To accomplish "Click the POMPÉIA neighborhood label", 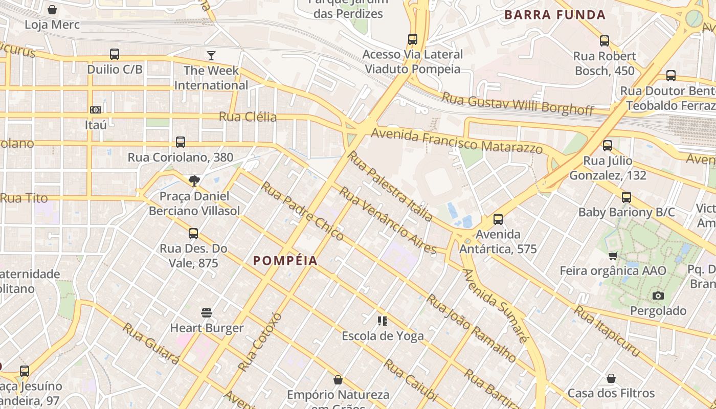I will (x=285, y=261).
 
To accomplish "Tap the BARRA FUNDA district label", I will (x=555, y=15).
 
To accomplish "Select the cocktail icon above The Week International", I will (x=211, y=55).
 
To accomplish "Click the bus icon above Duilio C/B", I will (x=115, y=54).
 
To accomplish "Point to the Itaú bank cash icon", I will (x=96, y=110).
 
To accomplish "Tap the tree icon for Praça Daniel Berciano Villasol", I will (x=194, y=180).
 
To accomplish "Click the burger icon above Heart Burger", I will (x=207, y=312).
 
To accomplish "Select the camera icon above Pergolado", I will (x=658, y=296).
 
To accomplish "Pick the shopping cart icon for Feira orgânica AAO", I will (x=613, y=256).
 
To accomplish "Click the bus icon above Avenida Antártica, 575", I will (x=498, y=219).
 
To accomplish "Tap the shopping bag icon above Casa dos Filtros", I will (x=611, y=378).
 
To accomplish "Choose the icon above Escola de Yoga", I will (x=383, y=321).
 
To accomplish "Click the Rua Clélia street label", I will (x=248, y=117).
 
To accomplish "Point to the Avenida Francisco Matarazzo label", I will (x=457, y=141).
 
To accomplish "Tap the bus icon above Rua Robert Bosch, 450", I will (x=605, y=41).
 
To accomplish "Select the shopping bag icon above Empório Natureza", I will (x=338, y=380).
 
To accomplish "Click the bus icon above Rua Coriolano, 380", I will (x=181, y=142).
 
